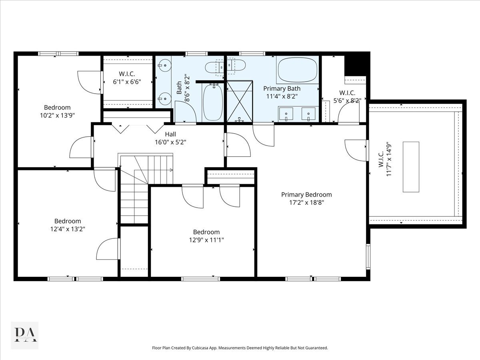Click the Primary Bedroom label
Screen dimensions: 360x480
pyautogui.click(x=306, y=195)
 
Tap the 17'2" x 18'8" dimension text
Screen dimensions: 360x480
pyautogui.click(x=306, y=202)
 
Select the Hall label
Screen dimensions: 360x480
pyautogui.click(x=170, y=134)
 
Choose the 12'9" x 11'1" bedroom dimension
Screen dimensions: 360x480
pyautogui.click(x=206, y=240)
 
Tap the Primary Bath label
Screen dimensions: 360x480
pyautogui.click(x=282, y=88)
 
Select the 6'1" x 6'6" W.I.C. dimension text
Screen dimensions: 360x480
pyautogui.click(x=127, y=82)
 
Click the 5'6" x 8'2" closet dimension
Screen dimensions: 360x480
pyautogui.click(x=348, y=100)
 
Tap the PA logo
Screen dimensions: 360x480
pyautogui.click(x=25, y=335)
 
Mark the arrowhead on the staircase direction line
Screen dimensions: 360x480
pyautogui.click(x=172, y=170)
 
